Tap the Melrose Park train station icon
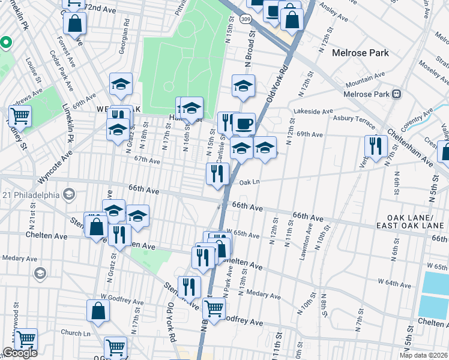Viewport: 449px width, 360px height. point(397,94)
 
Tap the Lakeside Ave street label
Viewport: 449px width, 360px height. point(313,111)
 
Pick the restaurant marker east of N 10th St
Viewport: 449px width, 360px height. point(375,147)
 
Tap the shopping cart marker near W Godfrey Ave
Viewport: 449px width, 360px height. point(214,308)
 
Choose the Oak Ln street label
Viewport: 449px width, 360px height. point(249,182)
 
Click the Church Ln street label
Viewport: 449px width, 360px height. point(75,333)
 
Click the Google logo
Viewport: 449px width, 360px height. point(20,353)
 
